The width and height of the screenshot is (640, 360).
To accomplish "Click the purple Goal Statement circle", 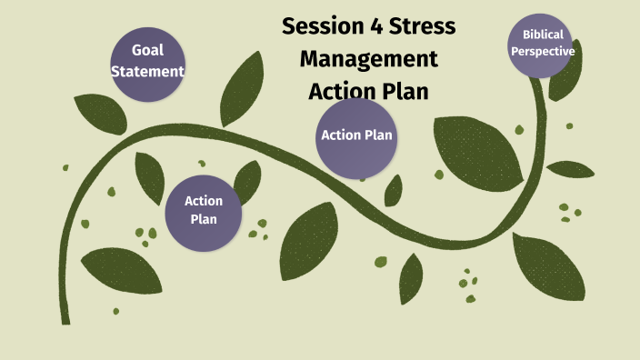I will click(147, 60).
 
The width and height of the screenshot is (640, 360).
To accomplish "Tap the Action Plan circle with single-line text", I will click(357, 136).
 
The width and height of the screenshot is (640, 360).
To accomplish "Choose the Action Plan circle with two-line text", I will click(204, 210).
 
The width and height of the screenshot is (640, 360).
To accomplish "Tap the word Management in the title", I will click(368, 59).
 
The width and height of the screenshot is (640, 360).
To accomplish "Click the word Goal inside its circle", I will click(147, 50).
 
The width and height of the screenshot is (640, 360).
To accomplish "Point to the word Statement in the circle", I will click(147, 71).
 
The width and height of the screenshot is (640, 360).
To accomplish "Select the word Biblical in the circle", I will click(543, 35).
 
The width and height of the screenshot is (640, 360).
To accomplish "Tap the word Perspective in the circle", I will click(543, 52).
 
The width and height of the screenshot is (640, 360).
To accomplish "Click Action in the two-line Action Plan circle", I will click(204, 201).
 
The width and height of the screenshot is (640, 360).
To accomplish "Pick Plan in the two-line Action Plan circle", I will click(204, 219).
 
